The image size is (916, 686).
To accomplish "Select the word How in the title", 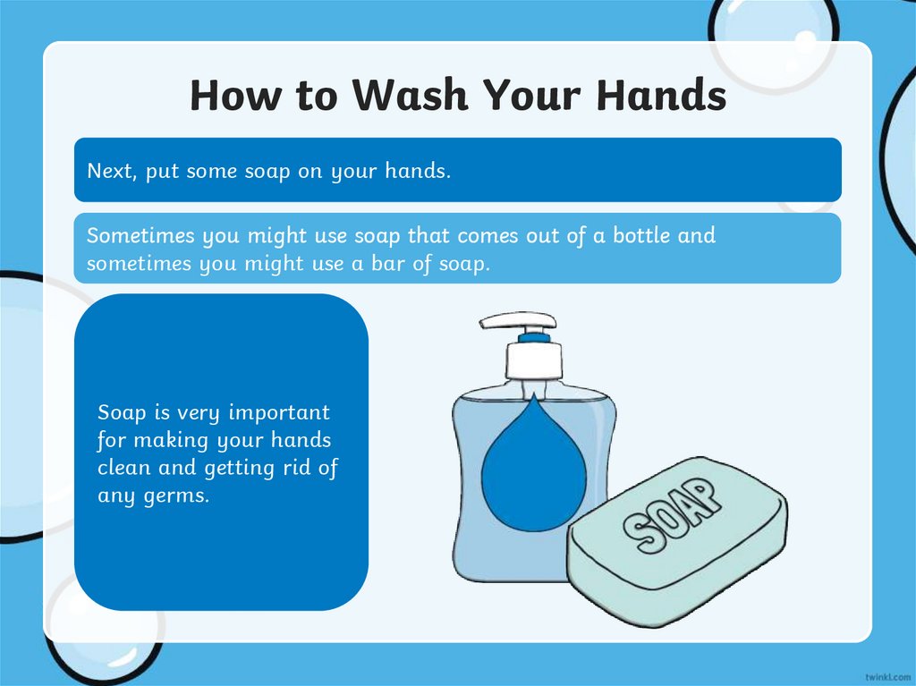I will click(x=234, y=96).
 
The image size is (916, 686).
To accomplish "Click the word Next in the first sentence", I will click(x=109, y=171).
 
